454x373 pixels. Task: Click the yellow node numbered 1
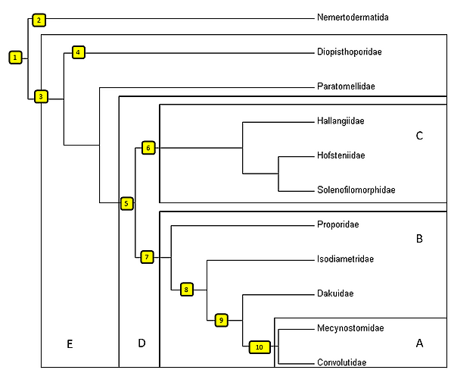pyautogui.click(x=14, y=57)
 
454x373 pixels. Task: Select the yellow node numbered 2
pyautogui.click(x=40, y=19)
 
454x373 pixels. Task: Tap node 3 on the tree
pyautogui.click(x=40, y=96)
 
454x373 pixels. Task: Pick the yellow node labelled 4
pyautogui.click(x=79, y=52)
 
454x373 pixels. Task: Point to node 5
pyautogui.click(x=127, y=202)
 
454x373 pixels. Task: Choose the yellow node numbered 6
pyautogui.click(x=148, y=147)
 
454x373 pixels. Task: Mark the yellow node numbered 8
pyautogui.click(x=186, y=288)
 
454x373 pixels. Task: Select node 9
pyautogui.click(x=221, y=320)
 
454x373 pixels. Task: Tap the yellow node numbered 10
pyautogui.click(x=260, y=346)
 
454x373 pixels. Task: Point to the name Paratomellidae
pyautogui.click(x=346, y=86)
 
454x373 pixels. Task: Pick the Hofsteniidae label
pyautogui.click(x=341, y=155)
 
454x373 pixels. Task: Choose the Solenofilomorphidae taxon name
pyautogui.click(x=356, y=190)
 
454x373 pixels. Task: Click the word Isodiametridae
pyautogui.click(x=346, y=259)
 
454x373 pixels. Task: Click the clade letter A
pyautogui.click(x=419, y=343)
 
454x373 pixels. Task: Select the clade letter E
pyautogui.click(x=69, y=344)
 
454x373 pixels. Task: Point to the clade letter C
pyautogui.click(x=419, y=136)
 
